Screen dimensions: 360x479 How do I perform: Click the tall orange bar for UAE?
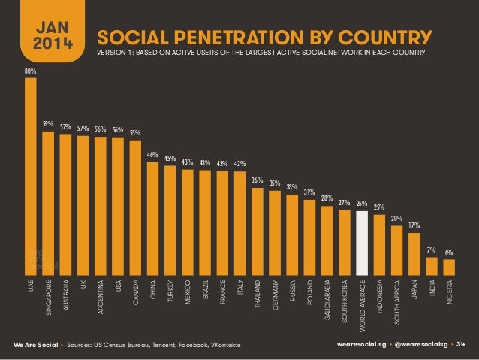(30, 177)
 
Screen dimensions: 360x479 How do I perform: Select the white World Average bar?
(362, 244)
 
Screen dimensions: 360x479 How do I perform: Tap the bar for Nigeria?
(449, 268)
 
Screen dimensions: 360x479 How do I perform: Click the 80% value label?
(30, 71)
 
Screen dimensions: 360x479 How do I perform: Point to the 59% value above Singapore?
(48, 125)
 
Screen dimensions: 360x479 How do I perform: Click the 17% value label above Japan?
(414, 225)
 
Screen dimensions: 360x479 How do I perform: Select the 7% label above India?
(431, 250)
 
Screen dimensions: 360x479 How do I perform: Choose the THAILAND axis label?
(258, 295)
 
